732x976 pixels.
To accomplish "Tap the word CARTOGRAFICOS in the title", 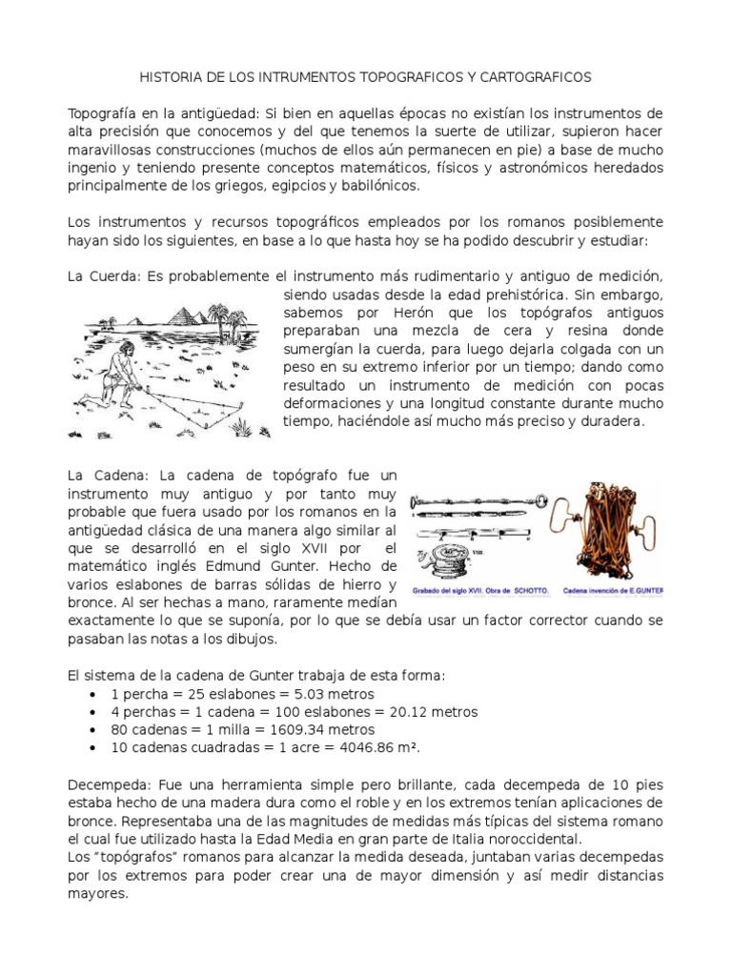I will [x=537, y=75].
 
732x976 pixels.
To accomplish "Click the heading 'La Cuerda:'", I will [x=102, y=276].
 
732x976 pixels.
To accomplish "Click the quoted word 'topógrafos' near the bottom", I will [x=136, y=857].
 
